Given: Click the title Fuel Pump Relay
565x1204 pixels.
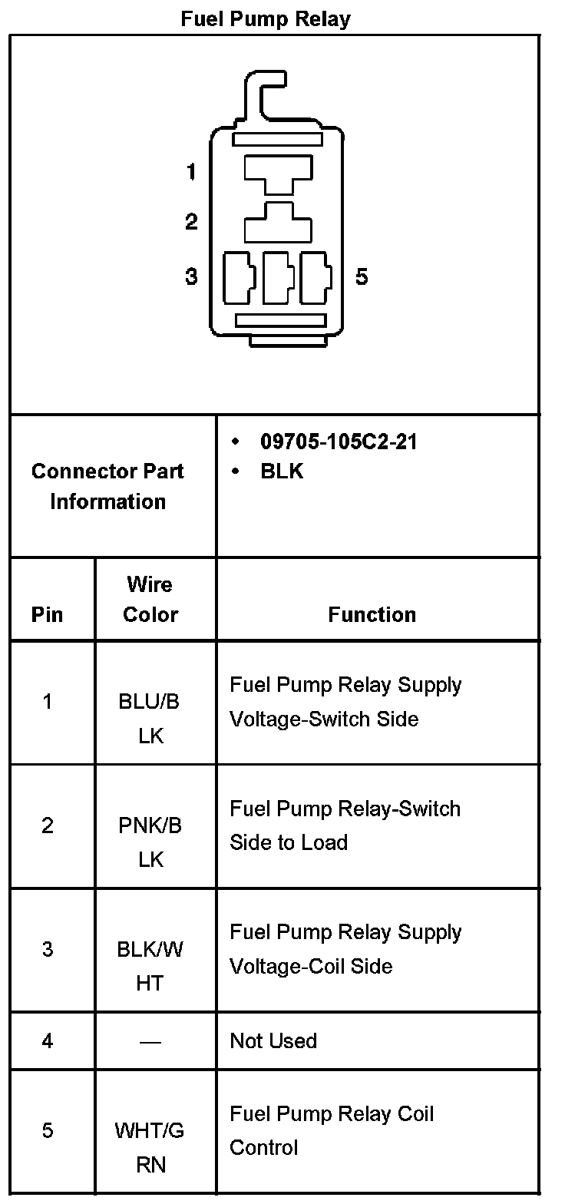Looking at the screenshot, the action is [266, 18].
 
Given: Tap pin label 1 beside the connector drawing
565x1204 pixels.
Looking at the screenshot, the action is [191, 172].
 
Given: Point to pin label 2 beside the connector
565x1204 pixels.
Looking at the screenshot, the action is [191, 222].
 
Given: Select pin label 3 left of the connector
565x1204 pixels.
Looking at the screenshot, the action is [191, 276].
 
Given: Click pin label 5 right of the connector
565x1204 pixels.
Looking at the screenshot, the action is [362, 276].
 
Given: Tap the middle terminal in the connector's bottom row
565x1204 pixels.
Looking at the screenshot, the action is [278, 278].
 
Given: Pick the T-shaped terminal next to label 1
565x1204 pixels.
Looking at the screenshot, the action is [278, 174].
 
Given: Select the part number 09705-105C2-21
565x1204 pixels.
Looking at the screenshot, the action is [339, 442].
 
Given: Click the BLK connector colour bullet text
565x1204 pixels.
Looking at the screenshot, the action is [282, 471].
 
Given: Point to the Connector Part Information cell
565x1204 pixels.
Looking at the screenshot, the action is [107, 486].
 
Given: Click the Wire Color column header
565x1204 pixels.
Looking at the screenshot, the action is [150, 600].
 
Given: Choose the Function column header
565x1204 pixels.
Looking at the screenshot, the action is [372, 614].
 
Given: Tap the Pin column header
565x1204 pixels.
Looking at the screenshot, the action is [48, 614].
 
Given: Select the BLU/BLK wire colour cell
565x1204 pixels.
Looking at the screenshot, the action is [150, 718].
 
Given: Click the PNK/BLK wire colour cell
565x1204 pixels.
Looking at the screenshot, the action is [150, 842].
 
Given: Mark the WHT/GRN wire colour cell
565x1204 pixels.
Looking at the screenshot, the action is [150, 1147].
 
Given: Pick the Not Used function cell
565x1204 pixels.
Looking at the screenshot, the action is [273, 1040].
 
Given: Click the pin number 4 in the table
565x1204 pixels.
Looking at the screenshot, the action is [48, 1040].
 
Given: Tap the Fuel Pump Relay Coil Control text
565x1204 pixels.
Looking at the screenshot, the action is [332, 1130].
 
